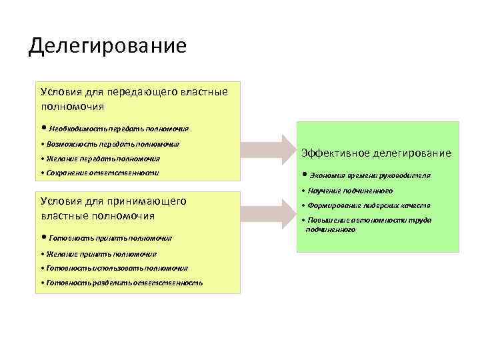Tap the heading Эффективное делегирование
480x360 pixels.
click(376, 153)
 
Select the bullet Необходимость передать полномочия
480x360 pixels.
click(119, 129)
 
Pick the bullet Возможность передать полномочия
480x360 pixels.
click(113, 144)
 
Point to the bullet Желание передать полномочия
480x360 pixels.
click(103, 159)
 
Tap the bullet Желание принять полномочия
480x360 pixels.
click(101, 254)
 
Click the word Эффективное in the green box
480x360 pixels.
click(334, 153)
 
